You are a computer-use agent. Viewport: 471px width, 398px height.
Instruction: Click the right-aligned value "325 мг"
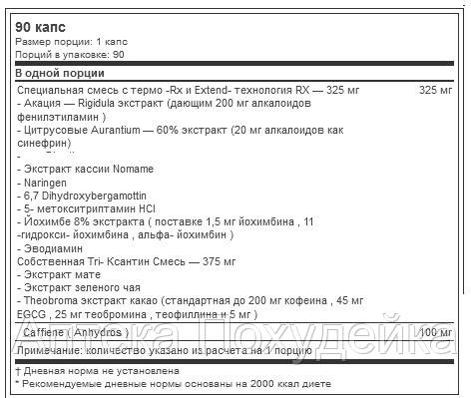pos(435,91)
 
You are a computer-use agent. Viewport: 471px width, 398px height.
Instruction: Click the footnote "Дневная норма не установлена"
pos(95,368)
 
